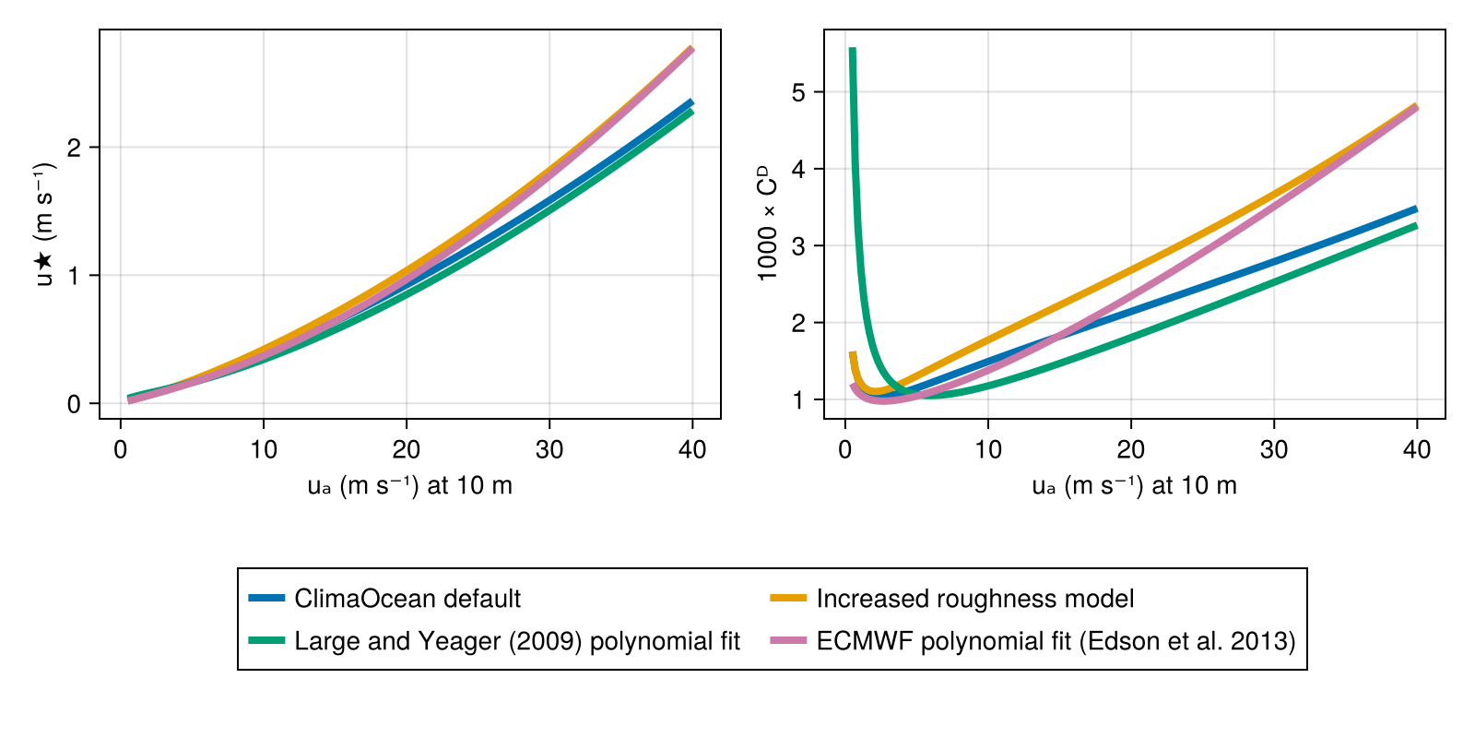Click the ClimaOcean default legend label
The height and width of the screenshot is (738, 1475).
[407, 599]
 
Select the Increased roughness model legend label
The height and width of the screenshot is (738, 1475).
[974, 599]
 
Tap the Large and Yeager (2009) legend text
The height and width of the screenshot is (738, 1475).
[517, 641]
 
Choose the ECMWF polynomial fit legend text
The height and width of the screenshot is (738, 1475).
[1056, 641]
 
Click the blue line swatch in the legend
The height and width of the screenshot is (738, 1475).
[266, 599]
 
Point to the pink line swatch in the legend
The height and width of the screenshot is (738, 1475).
[788, 641]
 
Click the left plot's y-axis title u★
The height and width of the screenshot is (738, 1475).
[44, 224]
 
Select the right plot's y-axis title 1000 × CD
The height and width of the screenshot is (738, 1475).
[767, 223]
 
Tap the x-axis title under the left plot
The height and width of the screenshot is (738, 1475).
[409, 486]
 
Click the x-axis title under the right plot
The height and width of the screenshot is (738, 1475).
[1134, 486]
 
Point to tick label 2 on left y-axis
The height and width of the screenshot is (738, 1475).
[74, 148]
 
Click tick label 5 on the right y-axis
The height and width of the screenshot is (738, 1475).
[798, 92]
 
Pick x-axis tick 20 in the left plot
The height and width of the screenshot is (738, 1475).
[407, 449]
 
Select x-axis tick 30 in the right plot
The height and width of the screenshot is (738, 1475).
[1274, 449]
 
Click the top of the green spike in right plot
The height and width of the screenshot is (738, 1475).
[852, 51]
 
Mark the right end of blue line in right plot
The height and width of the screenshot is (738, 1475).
[1416, 209]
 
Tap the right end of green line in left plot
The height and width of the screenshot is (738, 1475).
[691, 112]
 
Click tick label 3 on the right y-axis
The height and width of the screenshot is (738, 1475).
[798, 246]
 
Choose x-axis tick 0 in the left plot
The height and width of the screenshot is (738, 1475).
[121, 449]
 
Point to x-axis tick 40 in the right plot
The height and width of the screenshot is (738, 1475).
[1417, 449]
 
